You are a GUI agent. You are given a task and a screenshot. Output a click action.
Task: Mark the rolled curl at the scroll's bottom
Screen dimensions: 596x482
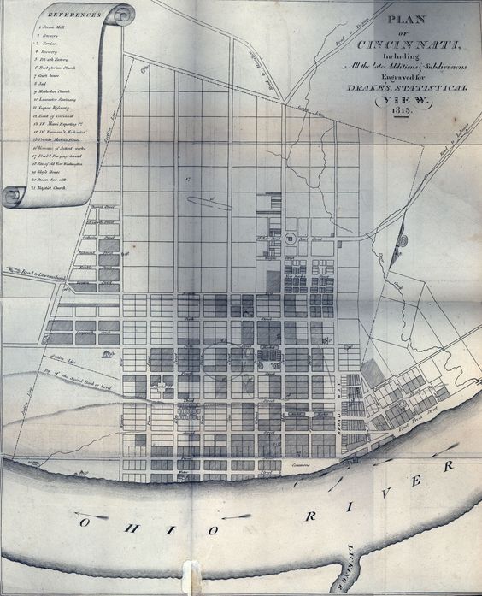point(14,197)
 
